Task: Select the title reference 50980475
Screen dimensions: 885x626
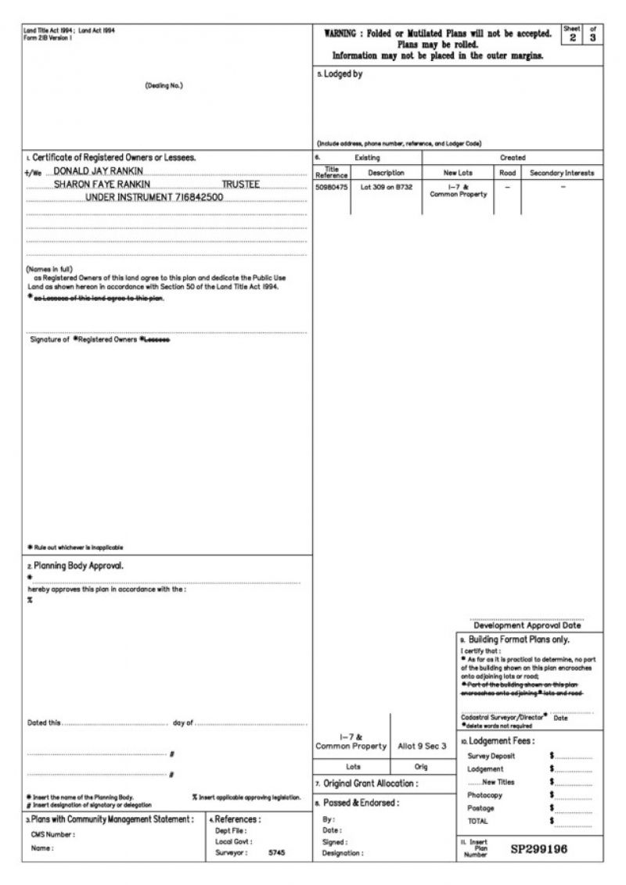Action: click(331, 188)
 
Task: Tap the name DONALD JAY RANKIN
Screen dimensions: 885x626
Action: click(98, 171)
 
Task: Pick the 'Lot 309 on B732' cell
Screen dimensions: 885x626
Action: click(386, 188)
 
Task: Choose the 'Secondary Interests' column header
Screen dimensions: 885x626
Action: click(562, 173)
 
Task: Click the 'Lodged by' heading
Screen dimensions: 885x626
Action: click(343, 75)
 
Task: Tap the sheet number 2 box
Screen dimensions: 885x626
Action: click(573, 38)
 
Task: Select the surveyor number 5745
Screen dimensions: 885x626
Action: click(277, 853)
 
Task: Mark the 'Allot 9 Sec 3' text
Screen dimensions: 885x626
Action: click(422, 746)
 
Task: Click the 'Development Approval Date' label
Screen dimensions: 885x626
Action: click(527, 625)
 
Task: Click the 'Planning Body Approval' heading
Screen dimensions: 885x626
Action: click(77, 565)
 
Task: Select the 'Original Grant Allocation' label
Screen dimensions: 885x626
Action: click(370, 783)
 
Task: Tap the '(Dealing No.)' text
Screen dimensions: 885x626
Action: click(164, 85)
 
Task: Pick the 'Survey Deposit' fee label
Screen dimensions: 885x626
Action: click(491, 756)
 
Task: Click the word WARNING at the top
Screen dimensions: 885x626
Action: click(345, 34)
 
